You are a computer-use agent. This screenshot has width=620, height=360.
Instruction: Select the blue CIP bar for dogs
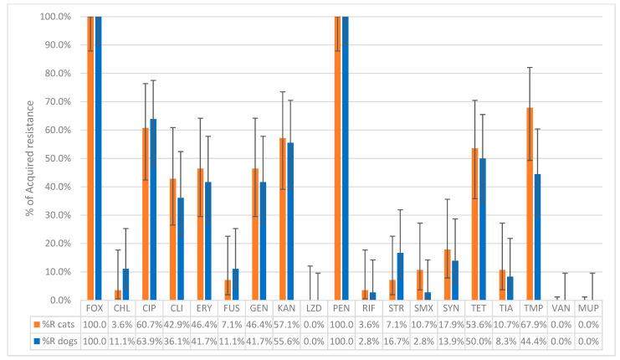point(153,209)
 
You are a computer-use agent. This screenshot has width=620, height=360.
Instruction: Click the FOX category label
point(95,307)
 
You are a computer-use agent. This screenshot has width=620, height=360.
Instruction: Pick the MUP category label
point(590,307)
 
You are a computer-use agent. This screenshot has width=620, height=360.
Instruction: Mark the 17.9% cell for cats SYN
point(452,322)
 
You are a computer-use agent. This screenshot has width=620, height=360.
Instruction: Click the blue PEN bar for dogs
point(346,158)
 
